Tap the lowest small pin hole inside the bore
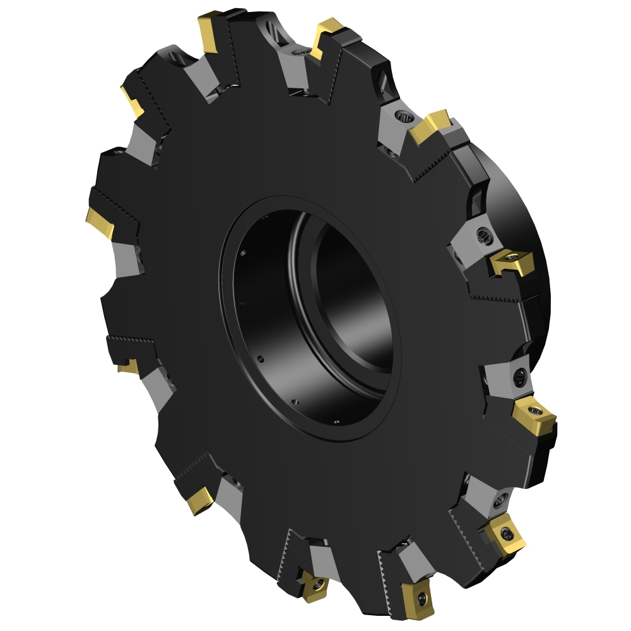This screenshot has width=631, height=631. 336,422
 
